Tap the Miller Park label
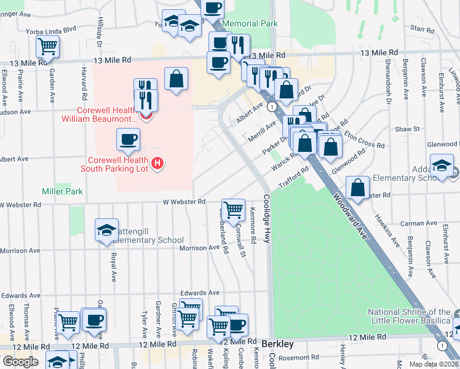click(62, 191)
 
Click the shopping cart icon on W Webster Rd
click(233, 210)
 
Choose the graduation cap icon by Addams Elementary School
click(442, 165)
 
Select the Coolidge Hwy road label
click(266, 219)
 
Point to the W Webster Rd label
click(184, 202)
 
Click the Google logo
click(21, 361)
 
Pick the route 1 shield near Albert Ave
click(271, 107)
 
